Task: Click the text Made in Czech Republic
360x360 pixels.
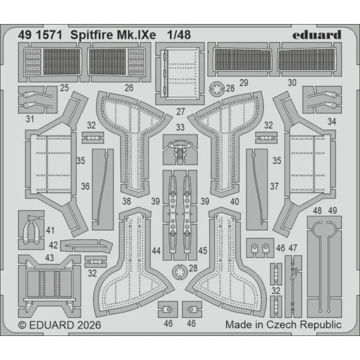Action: [x=283, y=325]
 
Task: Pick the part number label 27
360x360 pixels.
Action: [x=180, y=111]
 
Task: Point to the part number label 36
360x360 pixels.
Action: [x=85, y=187]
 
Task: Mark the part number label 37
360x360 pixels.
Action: [x=274, y=187]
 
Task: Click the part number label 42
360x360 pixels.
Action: [x=53, y=245]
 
